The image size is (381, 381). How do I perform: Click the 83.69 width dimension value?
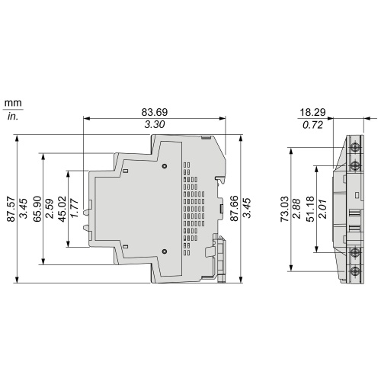pyautogui.click(x=155, y=112)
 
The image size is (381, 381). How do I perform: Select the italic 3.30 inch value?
pyautogui.click(x=155, y=124)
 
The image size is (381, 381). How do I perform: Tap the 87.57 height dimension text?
pyautogui.click(x=11, y=209)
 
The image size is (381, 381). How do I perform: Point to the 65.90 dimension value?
pyautogui.click(x=37, y=209)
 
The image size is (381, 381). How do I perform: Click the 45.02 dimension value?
pyautogui.click(x=62, y=209)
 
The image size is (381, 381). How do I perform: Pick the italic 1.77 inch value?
pyautogui.click(x=75, y=209)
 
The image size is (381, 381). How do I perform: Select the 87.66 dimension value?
pyautogui.click(x=234, y=209)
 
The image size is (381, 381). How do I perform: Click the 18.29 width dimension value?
pyautogui.click(x=312, y=112)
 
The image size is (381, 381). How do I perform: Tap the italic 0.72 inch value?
pyautogui.click(x=312, y=125)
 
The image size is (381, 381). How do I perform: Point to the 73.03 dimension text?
pyautogui.click(x=284, y=209)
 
